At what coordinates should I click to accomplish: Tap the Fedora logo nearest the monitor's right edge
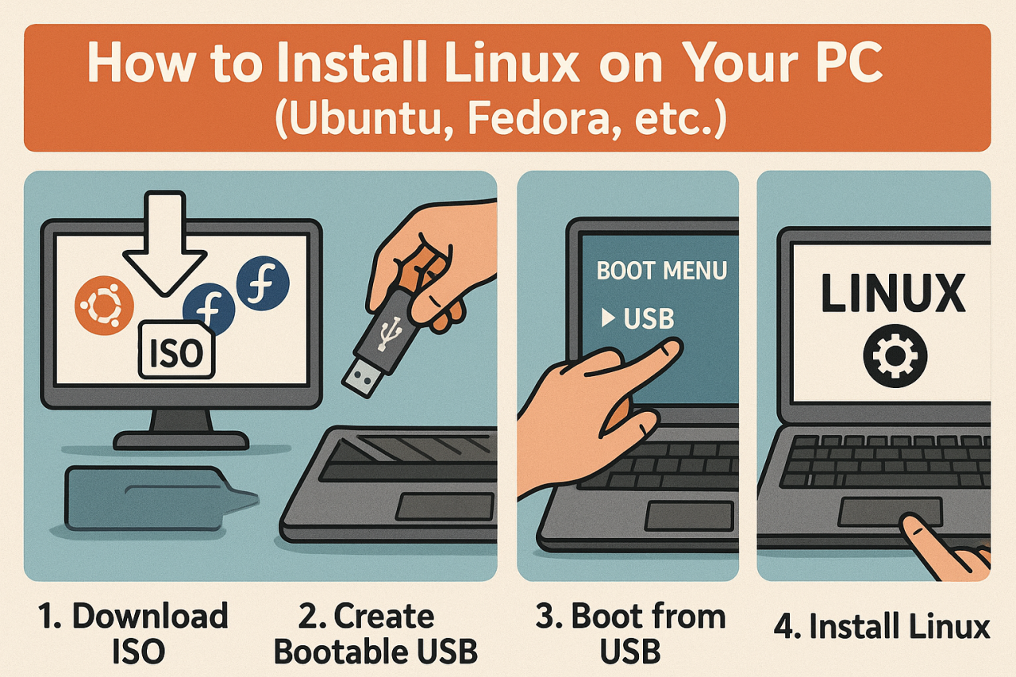(x=264, y=283)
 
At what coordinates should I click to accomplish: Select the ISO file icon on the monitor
(x=176, y=350)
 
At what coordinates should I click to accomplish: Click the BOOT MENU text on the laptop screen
(x=661, y=271)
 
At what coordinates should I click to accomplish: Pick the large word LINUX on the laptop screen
(x=892, y=293)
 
